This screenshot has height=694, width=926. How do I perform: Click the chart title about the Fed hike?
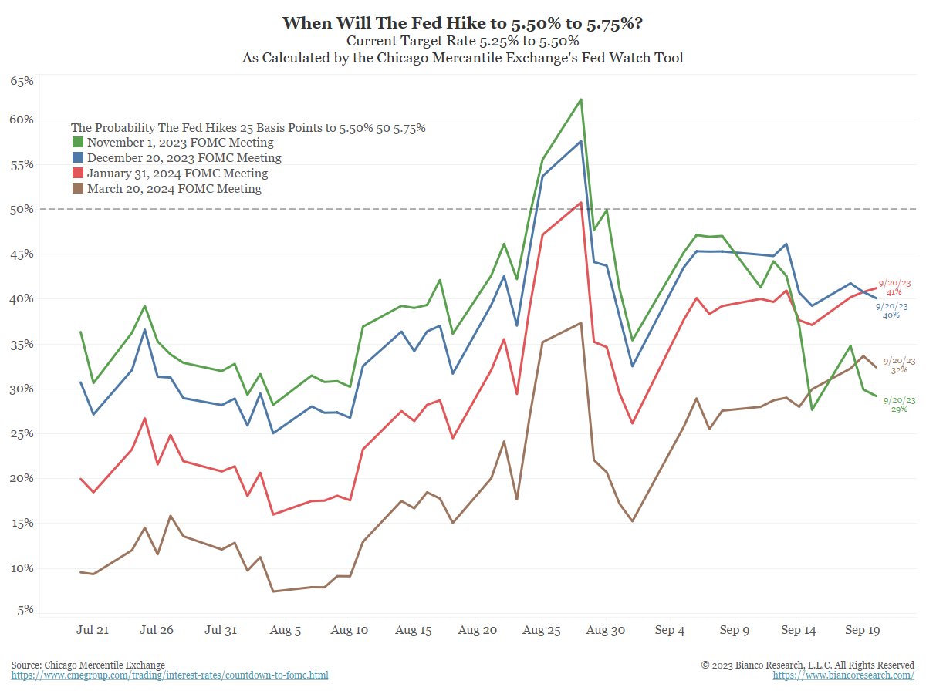point(462,22)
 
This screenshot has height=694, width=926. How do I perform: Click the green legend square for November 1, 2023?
point(78,143)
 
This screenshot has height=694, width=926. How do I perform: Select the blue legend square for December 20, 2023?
point(78,158)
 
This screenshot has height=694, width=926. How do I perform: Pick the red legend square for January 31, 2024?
point(78,173)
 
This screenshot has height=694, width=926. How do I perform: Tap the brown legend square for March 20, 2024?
point(78,189)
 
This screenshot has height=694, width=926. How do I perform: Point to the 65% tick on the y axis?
point(21,81)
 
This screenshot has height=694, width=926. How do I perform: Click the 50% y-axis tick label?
point(21,209)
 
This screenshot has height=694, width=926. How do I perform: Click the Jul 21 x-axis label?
point(93,630)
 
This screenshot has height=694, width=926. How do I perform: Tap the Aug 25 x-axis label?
point(542,630)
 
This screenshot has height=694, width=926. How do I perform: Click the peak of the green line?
point(580,99)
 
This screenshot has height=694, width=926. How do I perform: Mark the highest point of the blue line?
point(580,141)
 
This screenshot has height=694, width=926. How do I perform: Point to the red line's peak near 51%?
point(580,202)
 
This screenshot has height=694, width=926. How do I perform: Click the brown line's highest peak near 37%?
point(580,322)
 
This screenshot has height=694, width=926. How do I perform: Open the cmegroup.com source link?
point(170,675)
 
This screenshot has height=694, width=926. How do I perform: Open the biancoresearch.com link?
point(843,675)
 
